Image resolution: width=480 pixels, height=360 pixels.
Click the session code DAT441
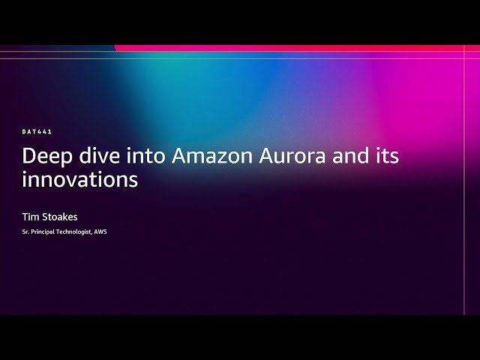(37, 132)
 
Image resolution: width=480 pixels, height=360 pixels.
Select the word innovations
(79, 180)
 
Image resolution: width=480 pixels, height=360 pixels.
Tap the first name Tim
(30, 217)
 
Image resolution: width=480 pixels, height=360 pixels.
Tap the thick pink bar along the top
(300, 48)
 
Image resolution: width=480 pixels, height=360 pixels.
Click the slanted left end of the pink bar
(117, 48)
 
